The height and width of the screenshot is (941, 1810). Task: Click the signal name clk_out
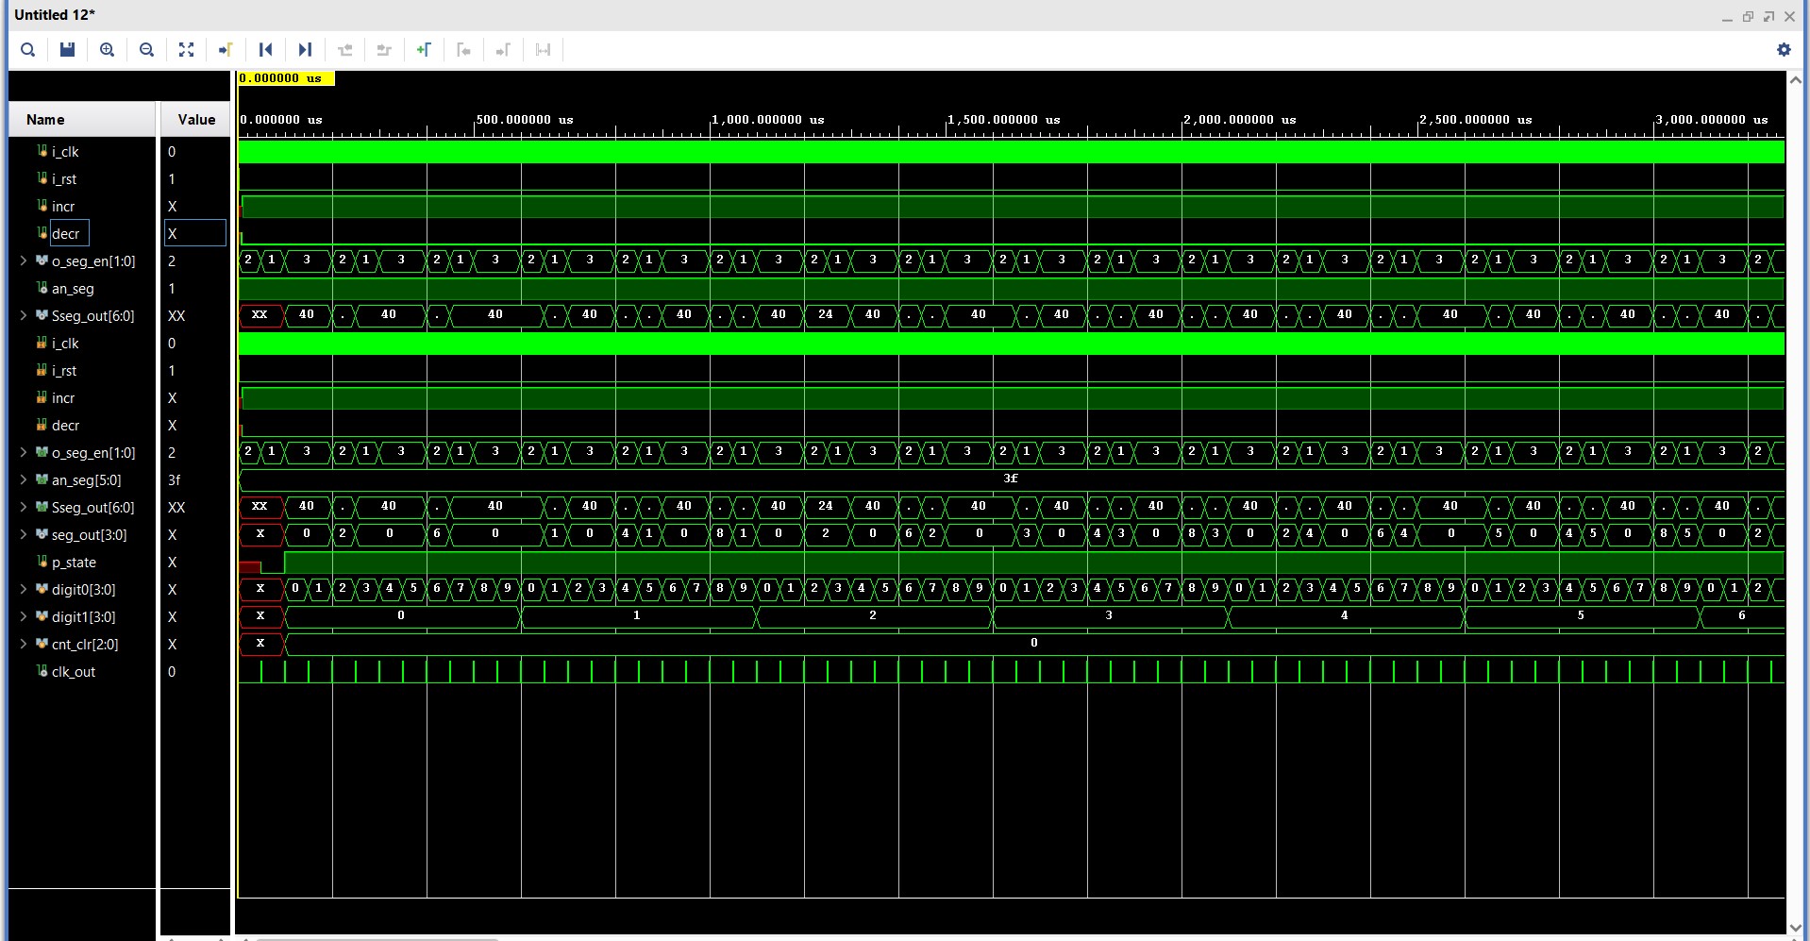tap(73, 672)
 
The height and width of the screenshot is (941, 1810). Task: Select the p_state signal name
tap(74, 563)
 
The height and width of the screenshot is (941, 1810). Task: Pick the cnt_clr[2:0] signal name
tap(85, 645)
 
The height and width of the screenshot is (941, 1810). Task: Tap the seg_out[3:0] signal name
tap(89, 535)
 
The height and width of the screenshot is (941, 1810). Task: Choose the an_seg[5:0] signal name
tap(86, 480)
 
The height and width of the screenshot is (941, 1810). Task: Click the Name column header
tap(45, 120)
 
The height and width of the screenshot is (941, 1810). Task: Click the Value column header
tap(196, 120)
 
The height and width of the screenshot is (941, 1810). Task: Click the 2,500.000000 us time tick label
tap(1475, 120)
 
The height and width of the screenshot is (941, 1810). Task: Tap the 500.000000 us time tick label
tap(524, 120)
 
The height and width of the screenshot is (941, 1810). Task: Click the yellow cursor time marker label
tap(285, 78)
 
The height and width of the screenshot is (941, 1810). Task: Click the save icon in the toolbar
tap(67, 50)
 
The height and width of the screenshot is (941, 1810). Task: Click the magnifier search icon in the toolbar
tap(28, 50)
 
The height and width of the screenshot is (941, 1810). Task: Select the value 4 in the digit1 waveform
tap(1344, 615)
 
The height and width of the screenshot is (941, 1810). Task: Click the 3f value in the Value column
tap(175, 480)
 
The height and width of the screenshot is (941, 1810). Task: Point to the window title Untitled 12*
tap(55, 15)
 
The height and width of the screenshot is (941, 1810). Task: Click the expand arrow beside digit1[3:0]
tap(24, 617)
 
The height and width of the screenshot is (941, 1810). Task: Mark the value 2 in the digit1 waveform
tap(872, 615)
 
